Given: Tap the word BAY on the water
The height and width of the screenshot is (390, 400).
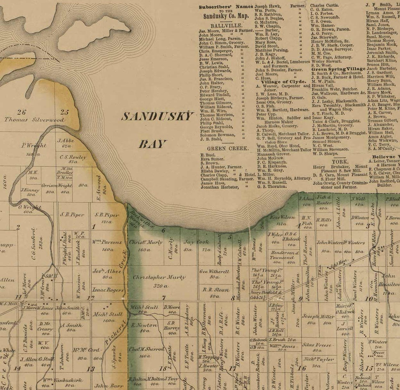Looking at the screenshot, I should (152, 144).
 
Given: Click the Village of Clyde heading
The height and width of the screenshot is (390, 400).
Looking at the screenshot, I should (284, 81).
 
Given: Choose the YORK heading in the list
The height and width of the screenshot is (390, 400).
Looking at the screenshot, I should (339, 161).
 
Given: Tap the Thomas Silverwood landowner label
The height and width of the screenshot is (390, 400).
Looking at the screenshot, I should (34, 120).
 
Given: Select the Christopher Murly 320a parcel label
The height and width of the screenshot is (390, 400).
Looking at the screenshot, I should (159, 281).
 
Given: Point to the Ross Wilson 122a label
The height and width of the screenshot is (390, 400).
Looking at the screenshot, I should (282, 220).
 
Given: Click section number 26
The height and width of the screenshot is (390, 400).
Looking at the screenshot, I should (22, 112).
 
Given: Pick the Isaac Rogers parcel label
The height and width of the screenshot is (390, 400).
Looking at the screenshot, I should (108, 290).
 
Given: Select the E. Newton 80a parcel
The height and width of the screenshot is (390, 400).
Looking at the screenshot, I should (144, 328).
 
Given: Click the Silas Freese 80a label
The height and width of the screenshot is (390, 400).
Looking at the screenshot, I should (317, 347).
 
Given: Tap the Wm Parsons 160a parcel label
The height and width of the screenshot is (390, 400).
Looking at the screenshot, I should (107, 245).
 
